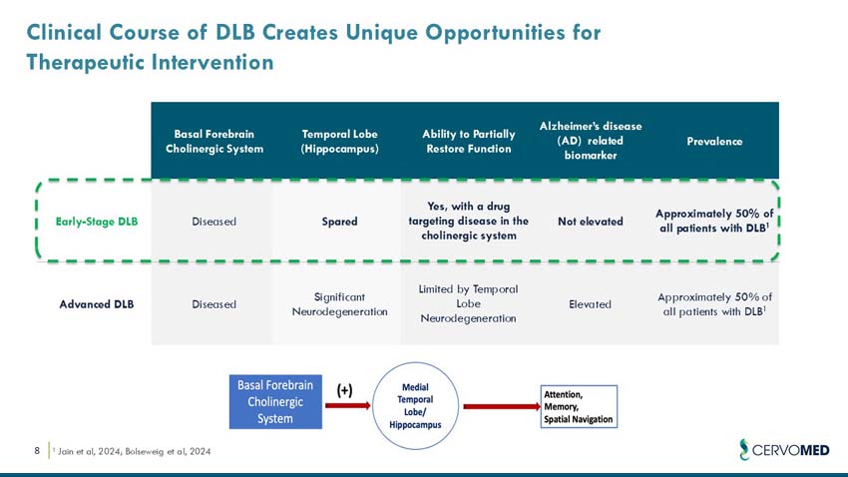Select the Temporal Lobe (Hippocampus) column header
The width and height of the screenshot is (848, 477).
(339, 142)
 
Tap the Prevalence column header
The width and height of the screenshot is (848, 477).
(714, 142)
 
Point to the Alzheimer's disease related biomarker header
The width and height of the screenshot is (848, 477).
(590, 141)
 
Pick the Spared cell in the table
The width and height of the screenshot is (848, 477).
(339, 221)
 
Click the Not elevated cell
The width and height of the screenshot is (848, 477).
(590, 221)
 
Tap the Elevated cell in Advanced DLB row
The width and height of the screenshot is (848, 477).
(590, 303)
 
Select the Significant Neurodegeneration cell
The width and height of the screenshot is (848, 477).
(339, 303)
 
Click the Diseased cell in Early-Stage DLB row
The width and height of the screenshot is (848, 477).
(213, 221)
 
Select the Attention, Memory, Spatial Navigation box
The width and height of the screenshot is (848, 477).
(579, 407)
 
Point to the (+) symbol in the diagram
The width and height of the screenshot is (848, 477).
(344, 390)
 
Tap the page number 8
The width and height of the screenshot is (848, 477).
(37, 452)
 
